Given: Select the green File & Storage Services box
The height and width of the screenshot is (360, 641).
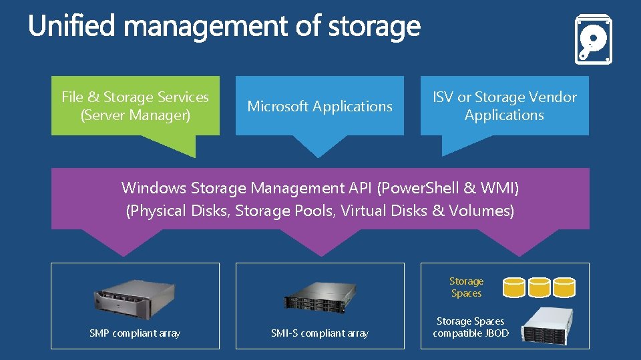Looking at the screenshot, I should point(135,105).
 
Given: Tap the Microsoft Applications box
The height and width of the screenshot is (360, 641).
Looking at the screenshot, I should point(320,106).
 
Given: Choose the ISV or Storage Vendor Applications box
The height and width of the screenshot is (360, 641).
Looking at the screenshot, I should point(505,106).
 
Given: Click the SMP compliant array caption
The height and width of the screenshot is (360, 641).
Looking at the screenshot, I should point(135,333).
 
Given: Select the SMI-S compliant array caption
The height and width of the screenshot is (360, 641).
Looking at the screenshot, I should point(320,333).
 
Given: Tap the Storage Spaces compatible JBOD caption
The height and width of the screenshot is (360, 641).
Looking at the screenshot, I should point(471,327).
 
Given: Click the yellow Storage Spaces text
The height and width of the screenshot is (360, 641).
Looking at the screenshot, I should point(466,287).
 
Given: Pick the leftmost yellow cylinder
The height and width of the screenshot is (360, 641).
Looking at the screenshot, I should point(514,287).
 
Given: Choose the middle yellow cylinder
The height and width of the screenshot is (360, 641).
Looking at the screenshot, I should point(539,287).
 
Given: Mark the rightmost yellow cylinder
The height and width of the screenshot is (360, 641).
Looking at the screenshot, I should point(564,287).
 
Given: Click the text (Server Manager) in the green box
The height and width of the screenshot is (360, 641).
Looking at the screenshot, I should point(135,115).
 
